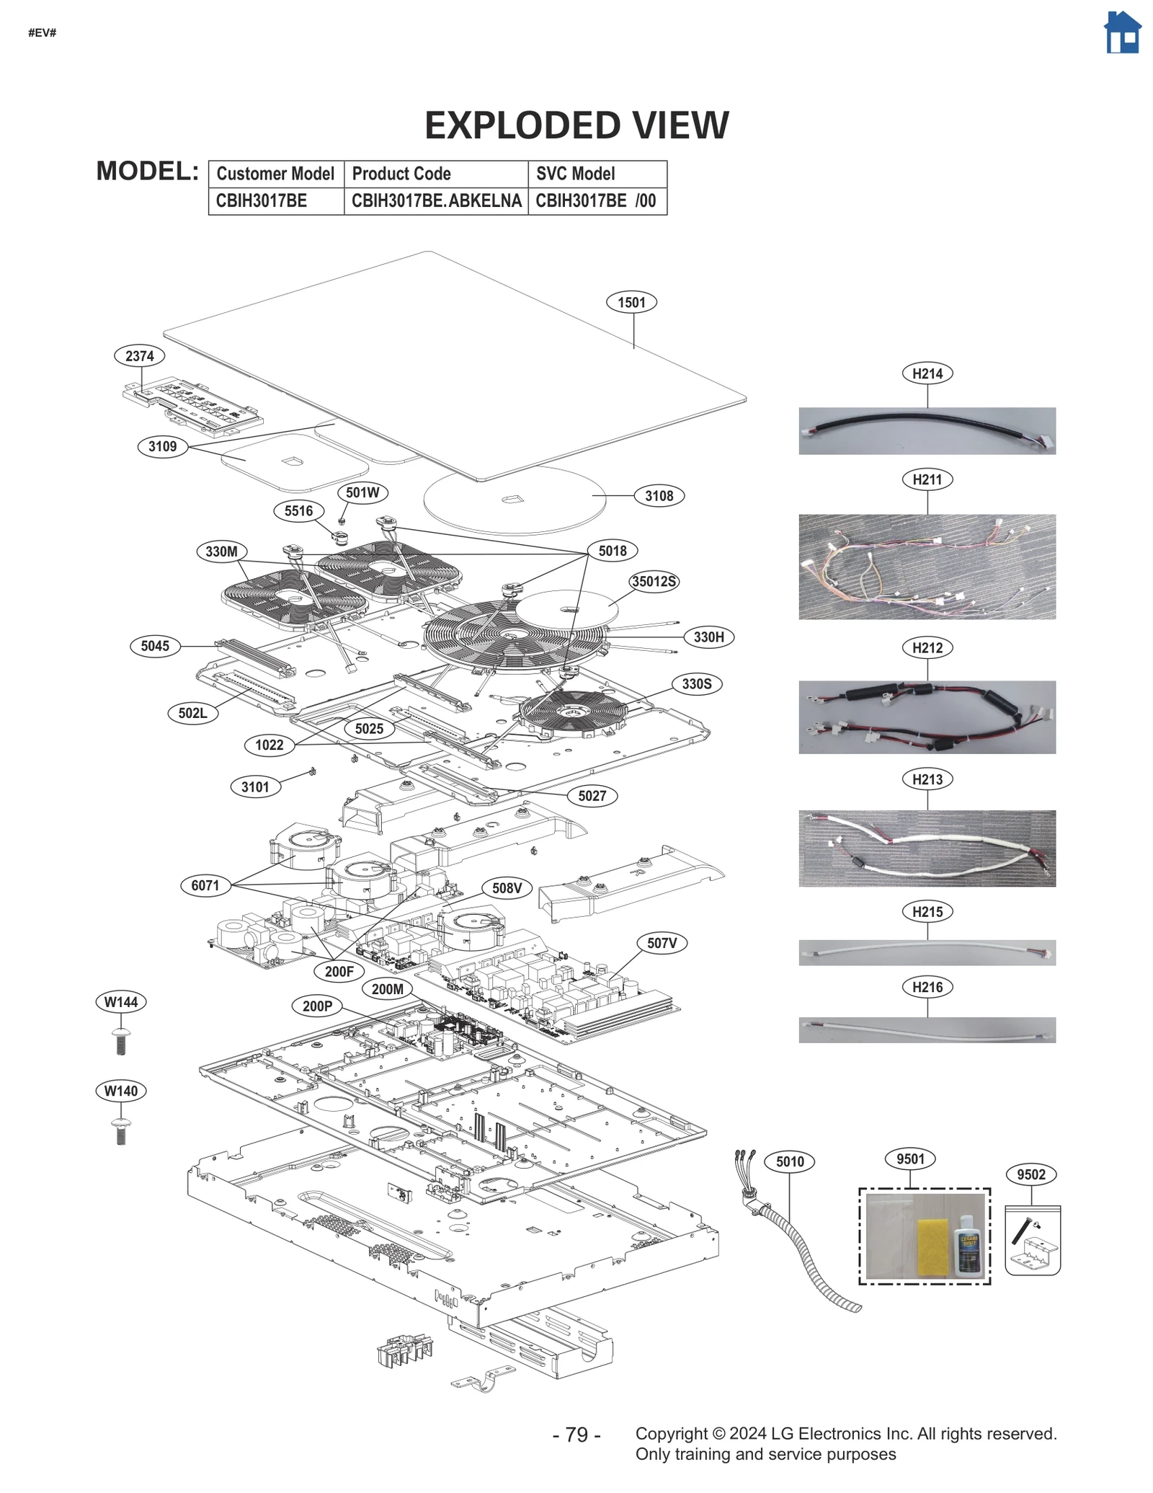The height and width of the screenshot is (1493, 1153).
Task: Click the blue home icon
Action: click(1122, 33)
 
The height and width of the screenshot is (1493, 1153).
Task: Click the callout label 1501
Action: click(631, 302)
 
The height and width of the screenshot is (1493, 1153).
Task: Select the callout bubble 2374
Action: click(139, 355)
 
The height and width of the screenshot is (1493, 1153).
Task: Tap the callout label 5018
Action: click(612, 551)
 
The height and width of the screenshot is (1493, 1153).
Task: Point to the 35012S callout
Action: click(654, 581)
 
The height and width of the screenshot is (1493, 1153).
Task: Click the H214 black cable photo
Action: click(926, 430)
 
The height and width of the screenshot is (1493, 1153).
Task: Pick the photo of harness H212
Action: click(926, 717)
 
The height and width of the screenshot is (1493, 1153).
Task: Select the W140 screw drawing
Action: click(121, 1130)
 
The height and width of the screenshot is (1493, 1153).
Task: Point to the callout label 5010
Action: click(789, 1161)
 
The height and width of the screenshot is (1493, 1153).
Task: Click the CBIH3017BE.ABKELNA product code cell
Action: click(436, 201)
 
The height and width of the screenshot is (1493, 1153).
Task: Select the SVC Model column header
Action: click(575, 174)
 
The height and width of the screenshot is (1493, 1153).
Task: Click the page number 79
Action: click(576, 1434)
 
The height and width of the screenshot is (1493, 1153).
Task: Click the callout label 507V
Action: click(662, 943)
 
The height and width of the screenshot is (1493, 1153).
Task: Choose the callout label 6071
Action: click(205, 885)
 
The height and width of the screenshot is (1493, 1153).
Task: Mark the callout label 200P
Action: click(317, 1006)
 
